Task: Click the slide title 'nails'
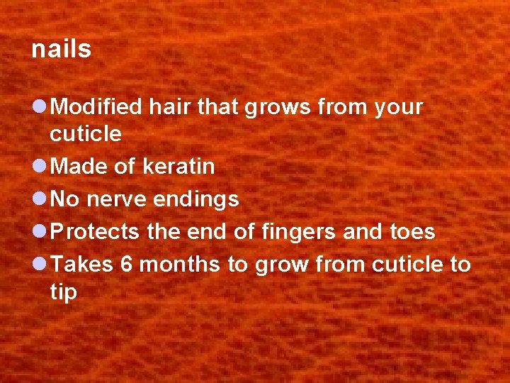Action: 62,49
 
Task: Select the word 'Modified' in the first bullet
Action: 98,107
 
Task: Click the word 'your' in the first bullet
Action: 398,109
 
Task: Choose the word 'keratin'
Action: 178,167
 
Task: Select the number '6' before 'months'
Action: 127,265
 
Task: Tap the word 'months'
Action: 180,265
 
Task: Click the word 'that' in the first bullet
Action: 218,107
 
